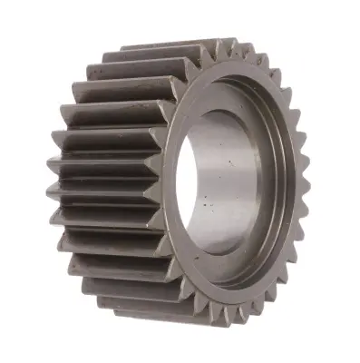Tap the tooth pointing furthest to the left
[x=48, y=168]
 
